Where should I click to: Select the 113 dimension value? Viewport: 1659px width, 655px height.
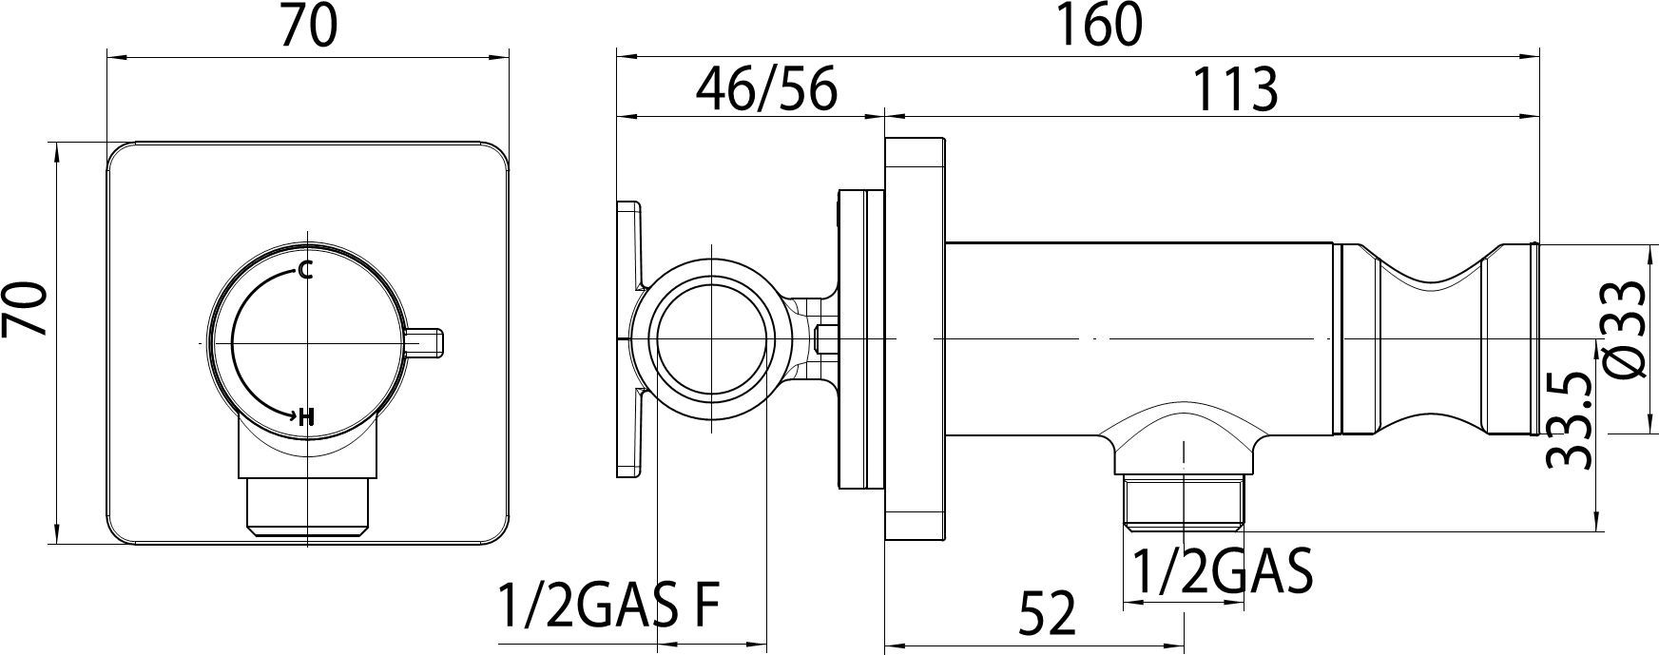click(1234, 89)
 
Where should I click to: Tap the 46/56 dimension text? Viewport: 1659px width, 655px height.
click(766, 89)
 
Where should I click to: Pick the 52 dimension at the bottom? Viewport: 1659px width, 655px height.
click(1048, 612)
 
